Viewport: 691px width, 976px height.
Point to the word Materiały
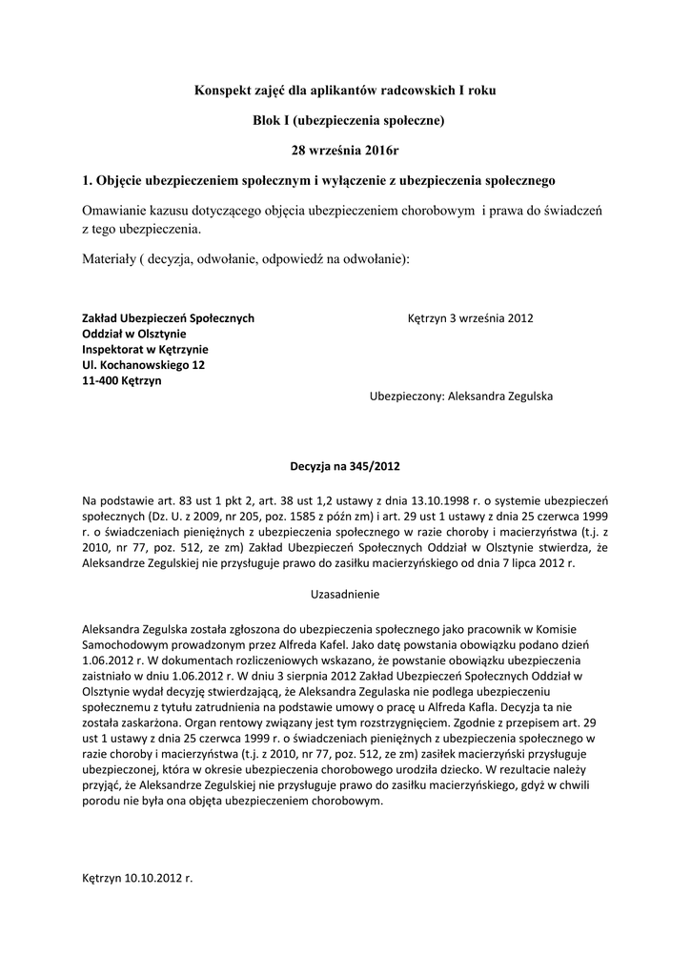pos(108,259)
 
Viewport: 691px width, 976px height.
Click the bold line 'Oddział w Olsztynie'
pos(134,334)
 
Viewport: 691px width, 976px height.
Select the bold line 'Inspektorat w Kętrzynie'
pos(145,349)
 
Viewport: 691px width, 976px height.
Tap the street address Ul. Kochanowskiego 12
pos(143,364)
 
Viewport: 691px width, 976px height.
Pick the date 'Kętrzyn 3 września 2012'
pos(470,318)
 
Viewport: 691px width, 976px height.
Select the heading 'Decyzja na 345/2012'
pos(345,466)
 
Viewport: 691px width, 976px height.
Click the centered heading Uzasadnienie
pos(345,594)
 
